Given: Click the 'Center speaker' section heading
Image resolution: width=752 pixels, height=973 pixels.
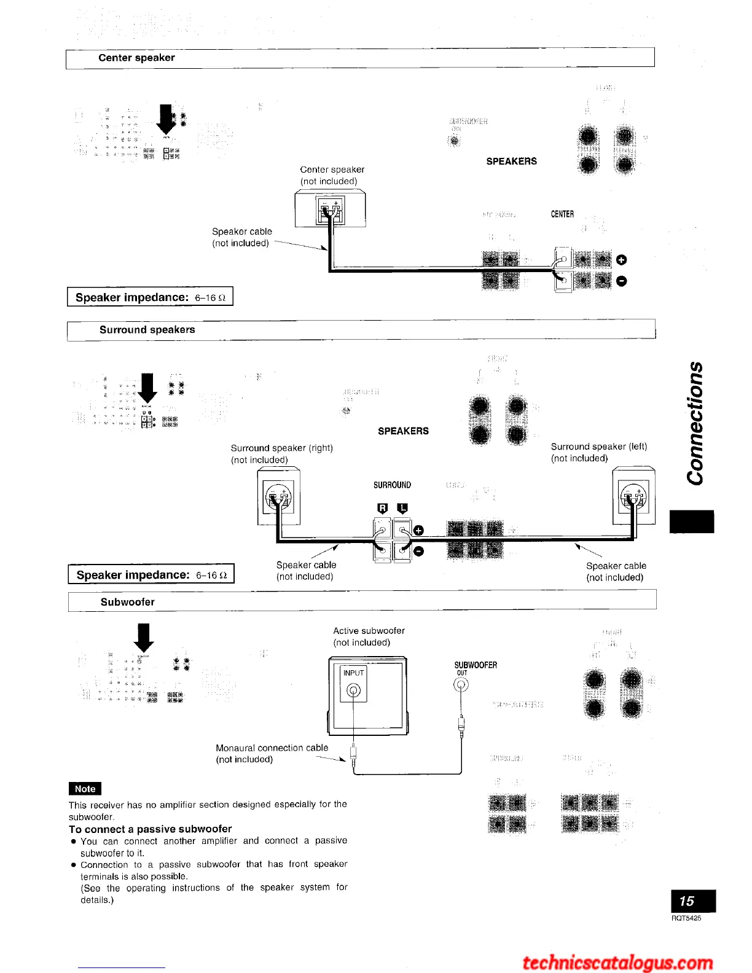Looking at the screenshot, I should point(136,58).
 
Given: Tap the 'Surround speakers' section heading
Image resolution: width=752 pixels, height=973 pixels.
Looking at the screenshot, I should point(147,330).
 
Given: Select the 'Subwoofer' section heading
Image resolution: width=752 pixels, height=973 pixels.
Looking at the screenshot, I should point(127,602).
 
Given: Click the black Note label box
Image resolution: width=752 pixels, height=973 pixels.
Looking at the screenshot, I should point(85,789).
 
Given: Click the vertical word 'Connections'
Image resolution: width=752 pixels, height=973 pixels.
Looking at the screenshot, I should point(695,423).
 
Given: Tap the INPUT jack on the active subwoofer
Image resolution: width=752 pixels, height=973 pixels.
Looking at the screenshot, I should point(354,690).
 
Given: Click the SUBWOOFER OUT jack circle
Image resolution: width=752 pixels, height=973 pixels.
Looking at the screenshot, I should point(461,685).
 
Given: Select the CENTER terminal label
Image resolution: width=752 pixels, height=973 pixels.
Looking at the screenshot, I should point(562,214).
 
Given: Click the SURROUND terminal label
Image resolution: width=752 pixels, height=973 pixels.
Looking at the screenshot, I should point(392,485).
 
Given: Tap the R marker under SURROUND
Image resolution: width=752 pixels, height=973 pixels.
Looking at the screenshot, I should point(383,508).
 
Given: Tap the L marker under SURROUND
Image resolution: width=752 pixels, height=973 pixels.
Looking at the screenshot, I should point(402,508).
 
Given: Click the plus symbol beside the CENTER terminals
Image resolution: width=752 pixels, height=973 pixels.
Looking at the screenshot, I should point(621,260).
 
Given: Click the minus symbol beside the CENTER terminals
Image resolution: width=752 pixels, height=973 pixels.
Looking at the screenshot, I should point(621,281).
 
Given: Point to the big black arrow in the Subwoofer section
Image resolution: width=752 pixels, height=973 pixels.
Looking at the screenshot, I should point(144,637).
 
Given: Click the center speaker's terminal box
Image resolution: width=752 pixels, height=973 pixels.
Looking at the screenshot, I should point(330,211).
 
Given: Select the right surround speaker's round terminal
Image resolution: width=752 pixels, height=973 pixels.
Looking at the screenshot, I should point(278,496).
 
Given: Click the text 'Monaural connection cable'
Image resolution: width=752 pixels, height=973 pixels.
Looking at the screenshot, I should point(272,748).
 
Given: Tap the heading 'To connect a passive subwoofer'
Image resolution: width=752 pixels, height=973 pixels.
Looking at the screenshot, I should point(150,829).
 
